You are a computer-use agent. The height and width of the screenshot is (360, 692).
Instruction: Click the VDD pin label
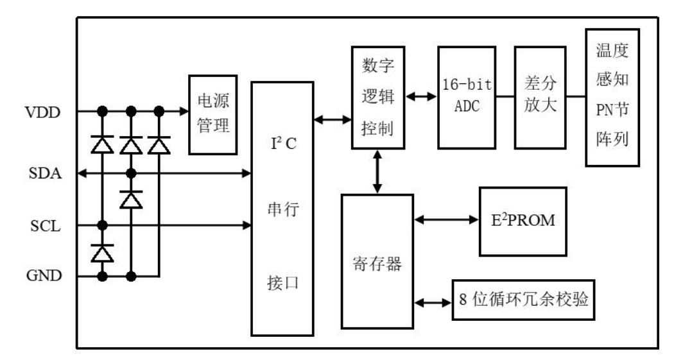click(43, 112)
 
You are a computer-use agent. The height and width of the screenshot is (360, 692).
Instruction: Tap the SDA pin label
click(45, 173)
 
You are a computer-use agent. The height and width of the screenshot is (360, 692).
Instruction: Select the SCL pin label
click(45, 226)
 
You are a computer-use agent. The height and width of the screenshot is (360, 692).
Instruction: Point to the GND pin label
click(44, 275)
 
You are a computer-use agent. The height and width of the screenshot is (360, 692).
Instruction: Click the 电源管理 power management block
click(213, 115)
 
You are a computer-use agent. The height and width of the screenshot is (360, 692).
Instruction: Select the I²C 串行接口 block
click(282, 209)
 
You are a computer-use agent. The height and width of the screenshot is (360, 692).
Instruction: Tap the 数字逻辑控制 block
click(378, 98)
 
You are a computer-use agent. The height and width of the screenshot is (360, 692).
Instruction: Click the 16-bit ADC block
click(467, 98)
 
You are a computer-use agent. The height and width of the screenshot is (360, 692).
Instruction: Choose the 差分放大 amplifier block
click(541, 98)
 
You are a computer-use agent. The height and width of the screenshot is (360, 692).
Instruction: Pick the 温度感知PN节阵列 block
click(612, 98)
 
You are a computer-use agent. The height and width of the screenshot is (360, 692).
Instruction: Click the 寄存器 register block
click(377, 262)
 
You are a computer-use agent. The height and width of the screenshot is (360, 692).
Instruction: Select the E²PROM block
click(523, 221)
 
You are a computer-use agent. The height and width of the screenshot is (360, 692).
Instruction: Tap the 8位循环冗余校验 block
click(523, 300)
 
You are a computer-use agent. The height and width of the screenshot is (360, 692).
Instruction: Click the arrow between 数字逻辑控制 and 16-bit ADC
click(422, 96)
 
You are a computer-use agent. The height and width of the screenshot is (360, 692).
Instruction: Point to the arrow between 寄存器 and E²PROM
click(447, 219)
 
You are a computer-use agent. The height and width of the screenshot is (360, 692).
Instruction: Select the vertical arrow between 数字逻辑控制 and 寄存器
click(377, 171)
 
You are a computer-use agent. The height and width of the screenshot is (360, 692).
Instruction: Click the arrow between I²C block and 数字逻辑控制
click(333, 119)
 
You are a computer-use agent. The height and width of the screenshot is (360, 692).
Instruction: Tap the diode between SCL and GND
click(103, 253)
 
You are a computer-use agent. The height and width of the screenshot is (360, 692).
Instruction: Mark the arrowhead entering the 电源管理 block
click(184, 111)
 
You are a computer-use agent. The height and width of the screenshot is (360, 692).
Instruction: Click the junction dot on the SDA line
click(131, 173)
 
